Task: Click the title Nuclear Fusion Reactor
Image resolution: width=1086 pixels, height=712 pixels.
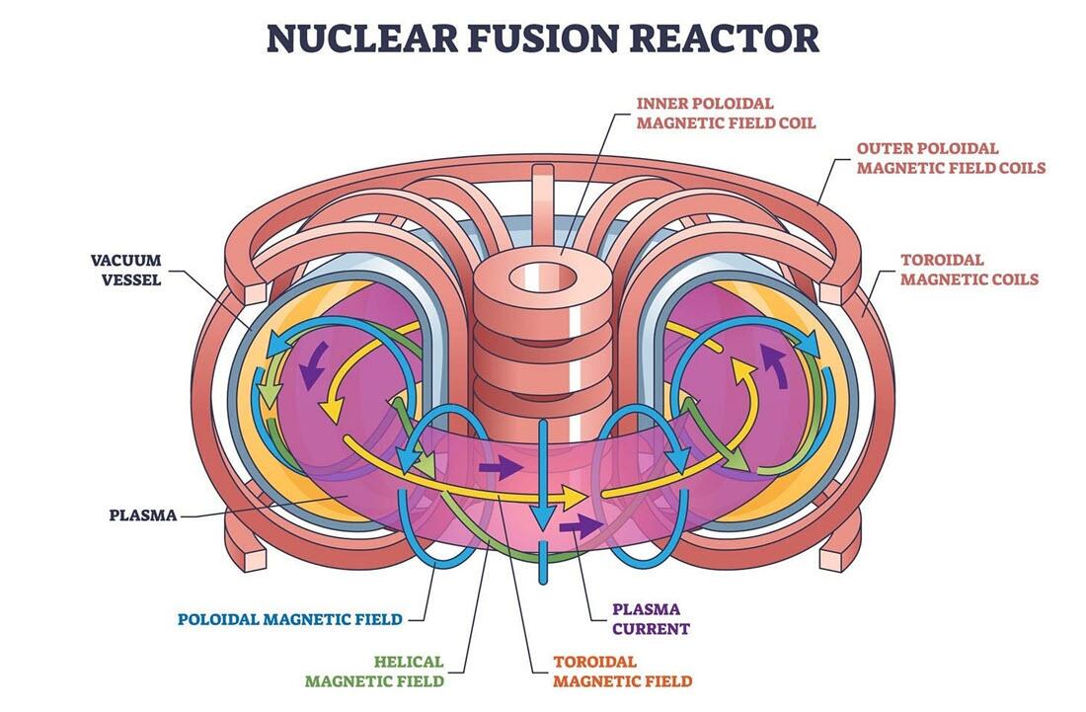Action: tap(543, 38)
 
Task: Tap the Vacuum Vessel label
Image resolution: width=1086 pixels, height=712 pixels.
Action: tap(125, 270)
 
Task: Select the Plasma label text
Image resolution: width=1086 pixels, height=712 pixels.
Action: tap(143, 514)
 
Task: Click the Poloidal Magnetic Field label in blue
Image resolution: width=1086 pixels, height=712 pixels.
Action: tap(290, 620)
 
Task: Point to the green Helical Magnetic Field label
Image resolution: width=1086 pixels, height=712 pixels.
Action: tap(374, 671)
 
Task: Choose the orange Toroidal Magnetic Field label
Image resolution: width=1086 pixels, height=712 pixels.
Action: tap(622, 671)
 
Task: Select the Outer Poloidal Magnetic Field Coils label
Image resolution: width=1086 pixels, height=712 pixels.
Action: tap(950, 158)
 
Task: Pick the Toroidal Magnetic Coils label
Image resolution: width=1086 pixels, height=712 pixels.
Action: tap(969, 270)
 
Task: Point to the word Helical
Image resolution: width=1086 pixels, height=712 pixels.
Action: tap(409, 661)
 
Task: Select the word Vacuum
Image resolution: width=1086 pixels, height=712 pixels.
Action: tap(125, 260)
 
